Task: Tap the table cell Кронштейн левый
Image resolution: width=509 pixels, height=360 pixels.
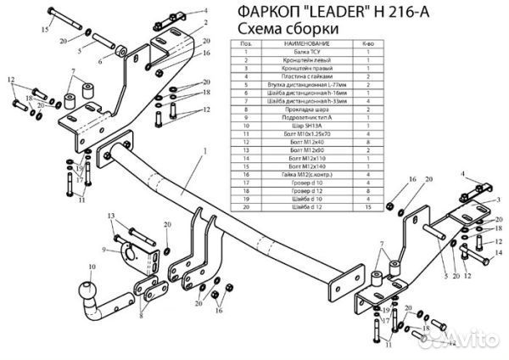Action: click(296, 60)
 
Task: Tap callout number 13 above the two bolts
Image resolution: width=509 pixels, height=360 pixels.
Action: click(111, 218)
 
